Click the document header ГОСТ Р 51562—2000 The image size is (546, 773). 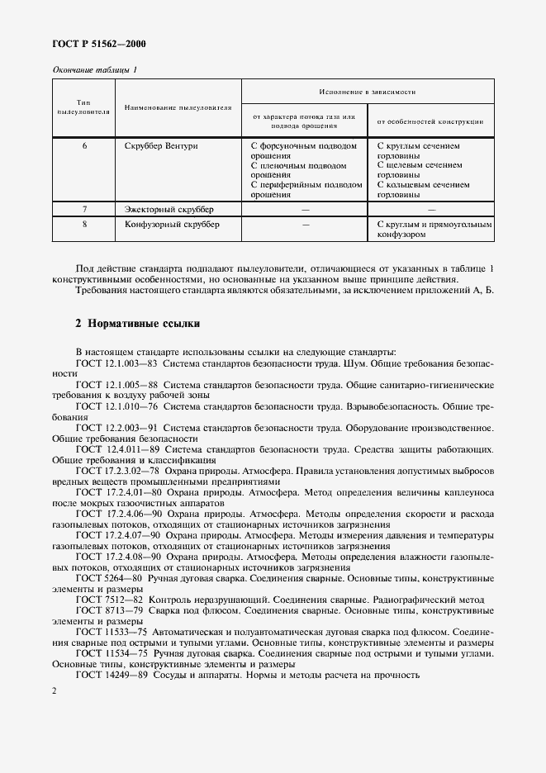pyautogui.click(x=93, y=43)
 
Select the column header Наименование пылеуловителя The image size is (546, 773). pyautogui.click(x=178, y=107)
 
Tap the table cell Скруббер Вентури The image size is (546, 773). pyautogui.click(x=161, y=145)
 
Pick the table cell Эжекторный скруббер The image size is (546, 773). pyautogui.click(x=169, y=210)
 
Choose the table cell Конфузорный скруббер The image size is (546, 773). pyautogui.click(x=172, y=224)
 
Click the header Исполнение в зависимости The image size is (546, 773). pyautogui.click(x=368, y=91)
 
